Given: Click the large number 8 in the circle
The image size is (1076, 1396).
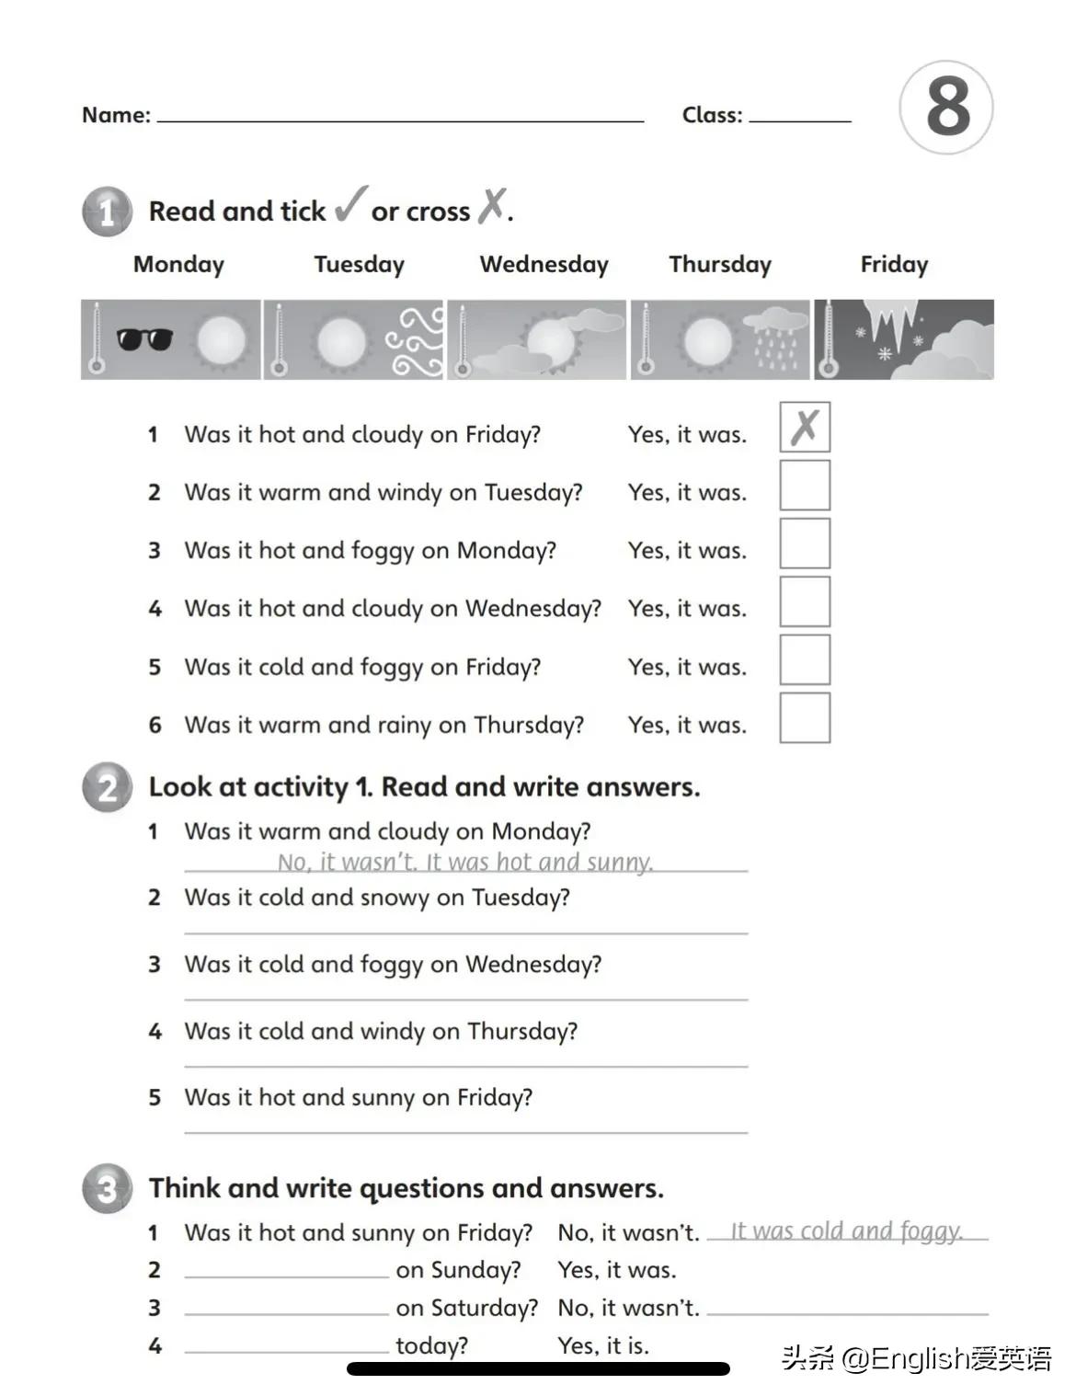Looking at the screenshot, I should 947,107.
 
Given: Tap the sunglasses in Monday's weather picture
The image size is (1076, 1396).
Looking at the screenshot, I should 144,339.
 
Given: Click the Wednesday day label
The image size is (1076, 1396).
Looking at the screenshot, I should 544,265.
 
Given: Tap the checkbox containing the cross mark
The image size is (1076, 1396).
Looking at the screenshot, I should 805,427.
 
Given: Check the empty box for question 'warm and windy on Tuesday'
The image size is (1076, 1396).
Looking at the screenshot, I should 805,486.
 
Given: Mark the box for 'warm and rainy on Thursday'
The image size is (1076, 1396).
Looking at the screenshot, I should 805,718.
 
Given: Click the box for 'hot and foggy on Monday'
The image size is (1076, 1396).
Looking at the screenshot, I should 805,544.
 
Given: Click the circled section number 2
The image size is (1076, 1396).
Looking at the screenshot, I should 108,788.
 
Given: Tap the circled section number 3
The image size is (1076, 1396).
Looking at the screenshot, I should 108,1189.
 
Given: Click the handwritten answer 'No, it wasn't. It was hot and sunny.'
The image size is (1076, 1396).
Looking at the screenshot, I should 465,862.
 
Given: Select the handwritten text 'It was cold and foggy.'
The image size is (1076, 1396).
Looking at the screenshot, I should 846,1230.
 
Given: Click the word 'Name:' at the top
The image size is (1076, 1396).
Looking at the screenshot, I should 116,115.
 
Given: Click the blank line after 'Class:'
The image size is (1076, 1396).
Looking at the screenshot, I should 800,119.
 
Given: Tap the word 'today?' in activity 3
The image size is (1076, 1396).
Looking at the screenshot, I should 431,1345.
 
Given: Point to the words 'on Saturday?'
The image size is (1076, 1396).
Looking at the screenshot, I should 466,1308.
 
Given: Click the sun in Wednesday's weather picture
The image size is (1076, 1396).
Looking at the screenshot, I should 550,341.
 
